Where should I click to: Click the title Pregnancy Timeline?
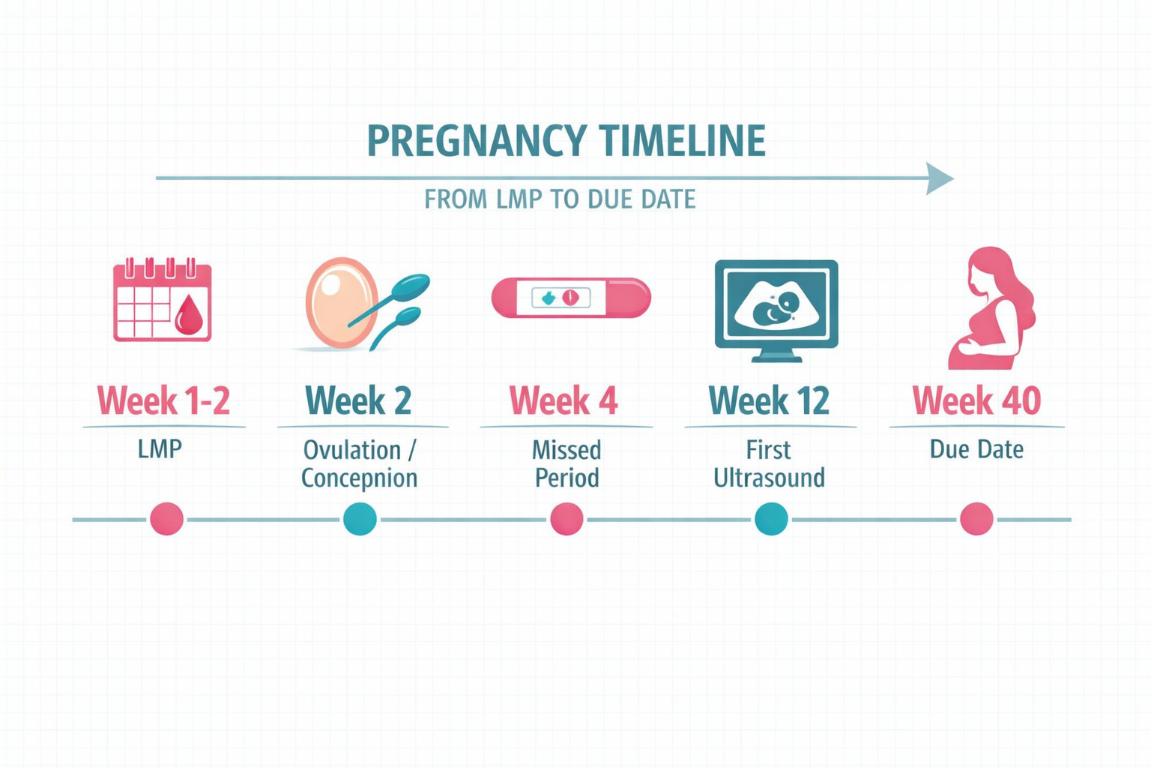(566, 140)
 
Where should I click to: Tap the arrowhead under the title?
(938, 178)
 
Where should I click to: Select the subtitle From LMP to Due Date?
(560, 199)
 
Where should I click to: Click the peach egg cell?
(341, 302)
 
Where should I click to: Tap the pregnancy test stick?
(571, 298)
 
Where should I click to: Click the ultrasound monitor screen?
(776, 304)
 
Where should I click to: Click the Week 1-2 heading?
(163, 400)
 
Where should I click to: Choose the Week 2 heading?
(358, 400)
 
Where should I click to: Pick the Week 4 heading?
(564, 400)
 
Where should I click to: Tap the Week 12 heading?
(769, 400)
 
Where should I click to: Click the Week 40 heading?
(976, 400)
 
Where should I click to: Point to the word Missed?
(567, 450)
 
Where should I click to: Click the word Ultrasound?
(769, 478)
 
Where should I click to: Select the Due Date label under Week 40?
(976, 449)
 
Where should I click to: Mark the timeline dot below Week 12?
(771, 519)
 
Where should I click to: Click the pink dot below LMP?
(166, 519)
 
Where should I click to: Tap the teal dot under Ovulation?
(360, 519)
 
